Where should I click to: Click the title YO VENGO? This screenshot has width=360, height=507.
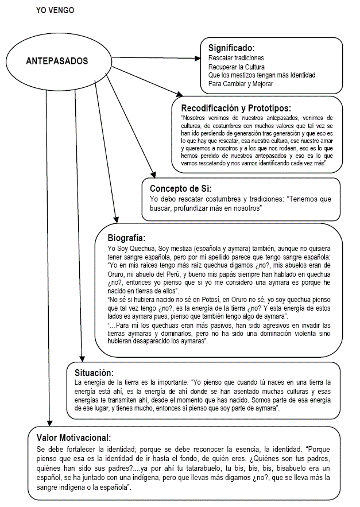[55, 10]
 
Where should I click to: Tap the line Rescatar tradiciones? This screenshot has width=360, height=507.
[236, 59]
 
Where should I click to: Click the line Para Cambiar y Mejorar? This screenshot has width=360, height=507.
[241, 84]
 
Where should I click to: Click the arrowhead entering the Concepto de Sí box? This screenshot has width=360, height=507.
[153, 175]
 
